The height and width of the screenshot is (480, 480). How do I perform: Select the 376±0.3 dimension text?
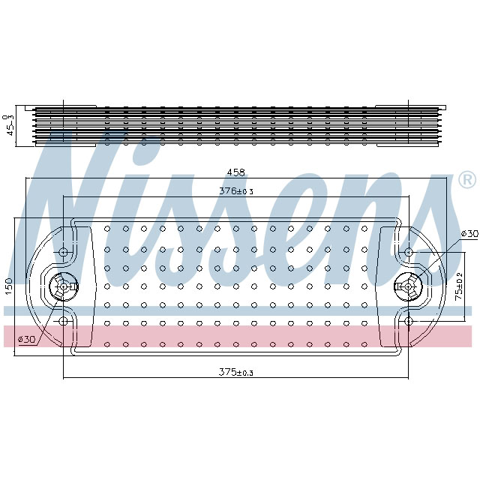236,191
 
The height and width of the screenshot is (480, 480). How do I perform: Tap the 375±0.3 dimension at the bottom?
236,372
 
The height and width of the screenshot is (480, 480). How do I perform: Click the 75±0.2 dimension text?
460,285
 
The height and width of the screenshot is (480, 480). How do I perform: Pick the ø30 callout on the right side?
469,234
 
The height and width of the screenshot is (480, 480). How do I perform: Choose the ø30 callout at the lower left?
27,340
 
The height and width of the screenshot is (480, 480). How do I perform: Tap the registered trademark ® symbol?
466,180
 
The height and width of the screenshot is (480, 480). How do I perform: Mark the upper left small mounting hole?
64,250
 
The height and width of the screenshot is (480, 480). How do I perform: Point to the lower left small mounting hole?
64,321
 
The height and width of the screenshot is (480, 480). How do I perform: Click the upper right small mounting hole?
408,250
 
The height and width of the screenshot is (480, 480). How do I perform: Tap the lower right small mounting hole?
408,321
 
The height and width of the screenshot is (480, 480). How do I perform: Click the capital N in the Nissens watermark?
82,210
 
